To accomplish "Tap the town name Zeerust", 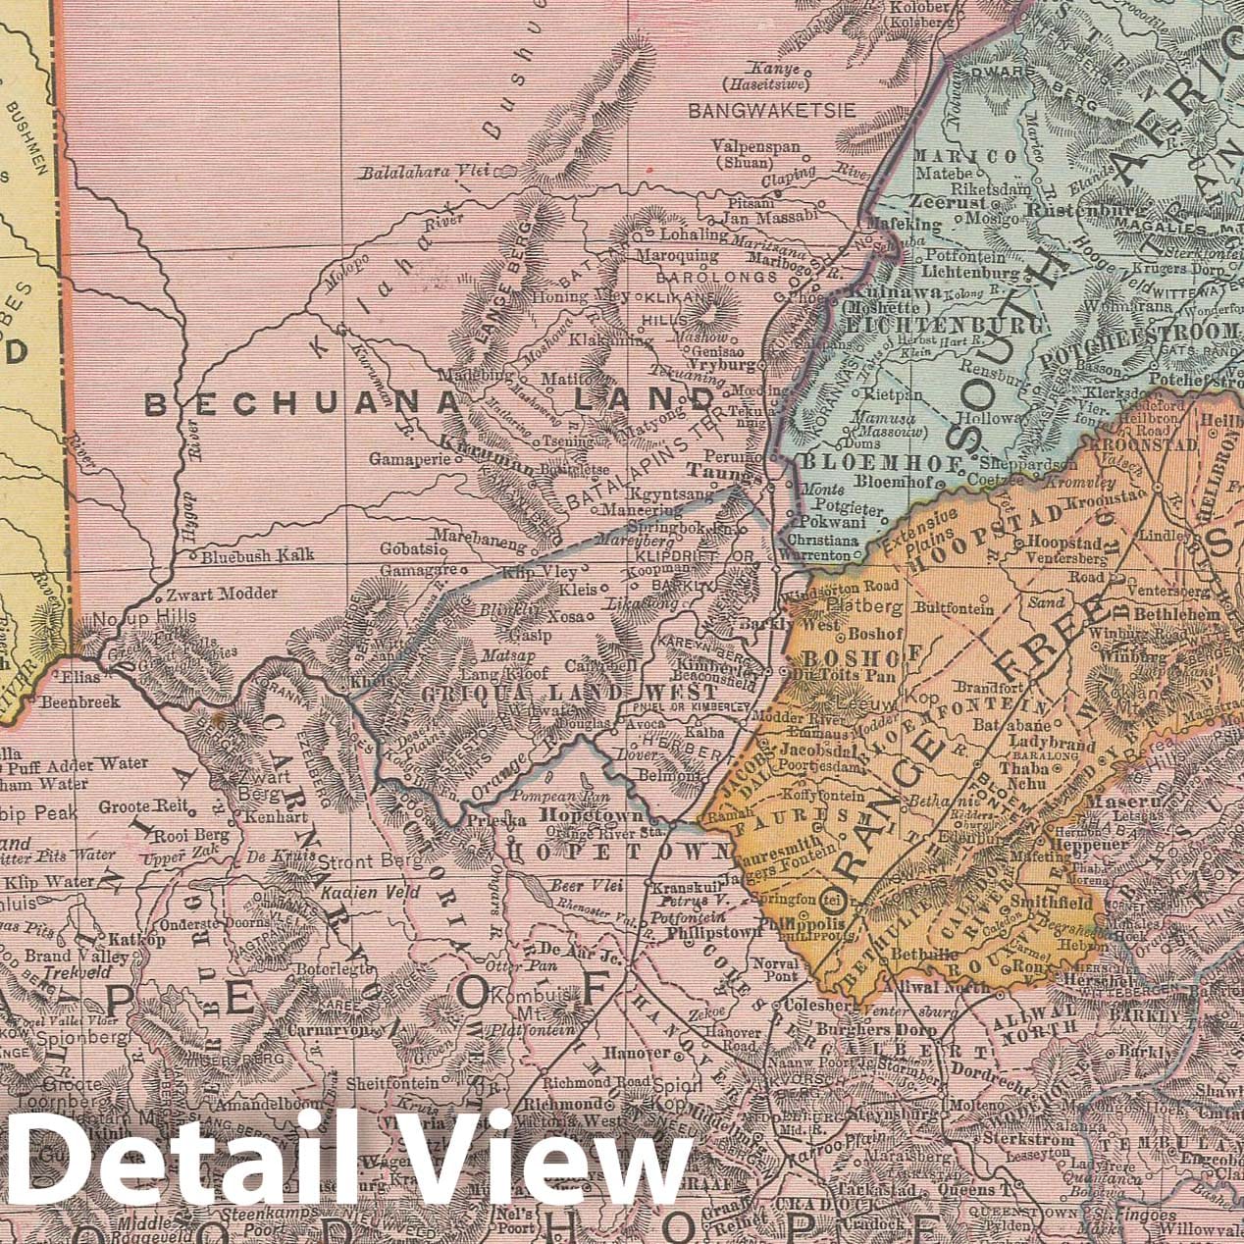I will click(941, 198).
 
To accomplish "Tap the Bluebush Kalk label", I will click(258, 555).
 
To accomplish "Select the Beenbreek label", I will click(80, 701).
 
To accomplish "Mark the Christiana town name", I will click(828, 540).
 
